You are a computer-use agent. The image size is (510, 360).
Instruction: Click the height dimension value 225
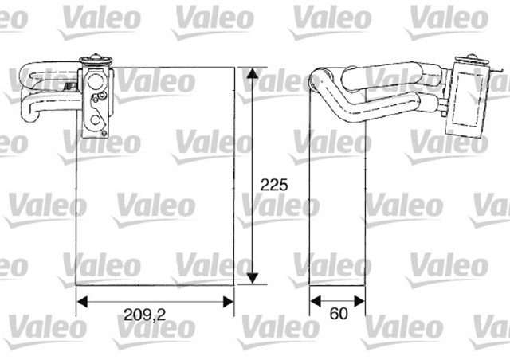point(274,184)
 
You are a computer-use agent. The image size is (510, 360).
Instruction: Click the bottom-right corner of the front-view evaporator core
point(233,284)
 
